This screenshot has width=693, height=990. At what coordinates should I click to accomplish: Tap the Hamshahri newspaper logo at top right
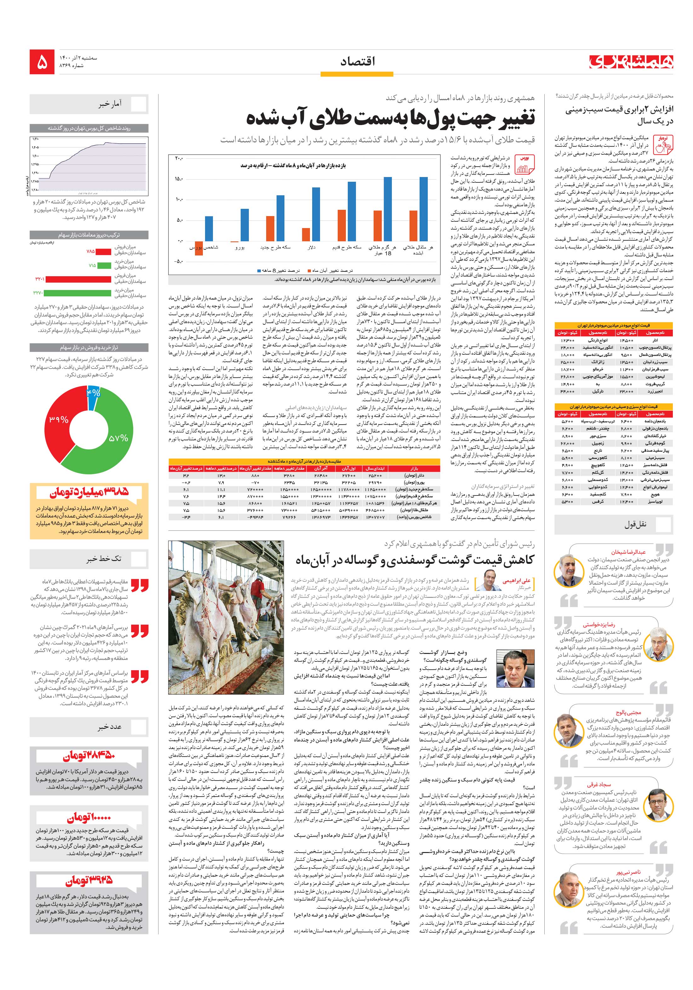631,62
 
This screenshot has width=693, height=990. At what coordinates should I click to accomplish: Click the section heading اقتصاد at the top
358,62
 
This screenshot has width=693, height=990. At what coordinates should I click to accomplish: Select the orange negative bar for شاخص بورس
199,248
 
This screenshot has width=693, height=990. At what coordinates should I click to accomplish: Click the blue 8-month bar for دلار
316,214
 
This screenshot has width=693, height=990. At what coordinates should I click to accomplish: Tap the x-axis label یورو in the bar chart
240,248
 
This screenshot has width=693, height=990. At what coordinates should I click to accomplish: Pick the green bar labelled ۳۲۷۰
77,293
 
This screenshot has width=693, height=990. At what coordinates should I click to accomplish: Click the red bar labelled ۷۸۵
103,251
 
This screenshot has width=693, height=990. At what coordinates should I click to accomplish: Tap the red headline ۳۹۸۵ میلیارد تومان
89,492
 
